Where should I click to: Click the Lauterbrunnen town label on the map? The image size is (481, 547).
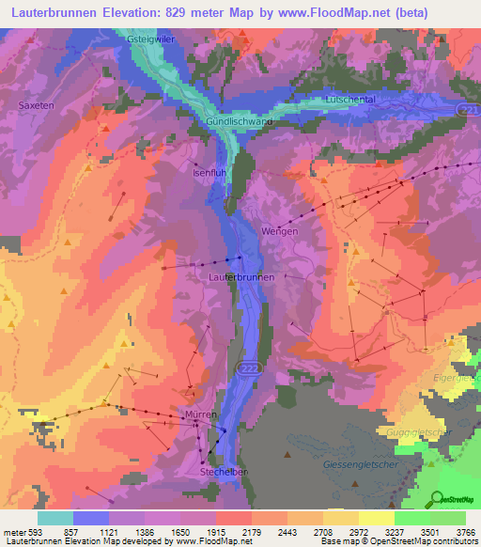pyautogui.click(x=241, y=278)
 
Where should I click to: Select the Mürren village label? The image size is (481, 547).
pyautogui.click(x=201, y=414)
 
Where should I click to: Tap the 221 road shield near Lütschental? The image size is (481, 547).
pyautogui.click(x=469, y=111)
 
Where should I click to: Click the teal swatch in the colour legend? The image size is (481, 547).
pyautogui.click(x=55, y=518)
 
